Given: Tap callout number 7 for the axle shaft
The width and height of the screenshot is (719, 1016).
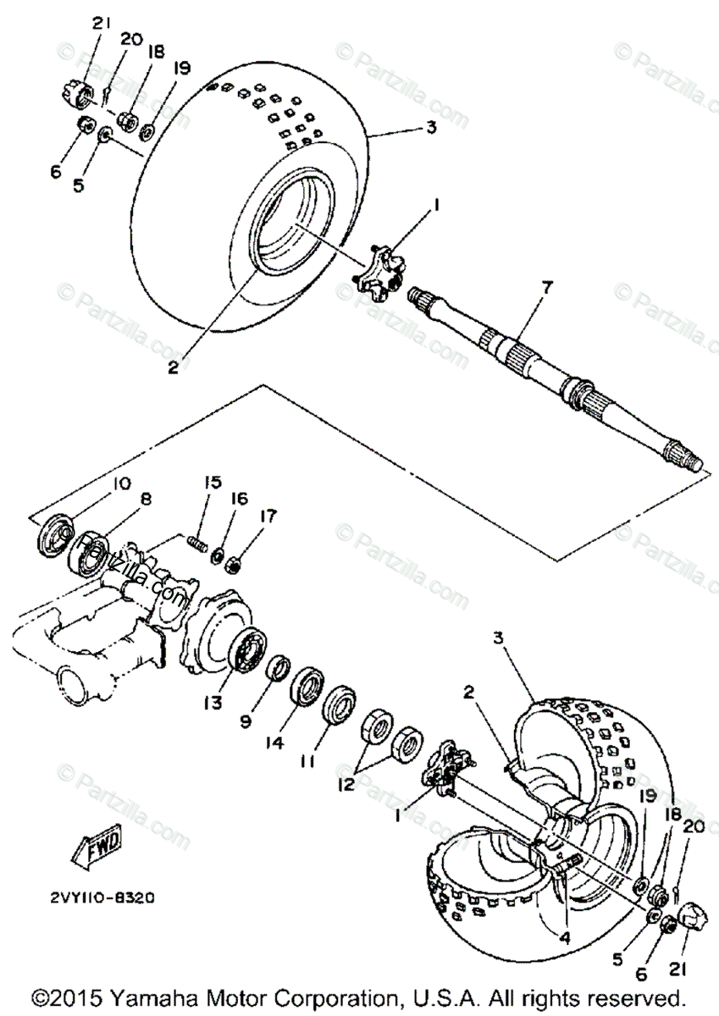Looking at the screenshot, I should point(547,288).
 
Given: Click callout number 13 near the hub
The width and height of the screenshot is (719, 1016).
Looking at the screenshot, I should point(210,703).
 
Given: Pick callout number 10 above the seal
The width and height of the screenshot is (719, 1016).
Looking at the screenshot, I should point(120,484).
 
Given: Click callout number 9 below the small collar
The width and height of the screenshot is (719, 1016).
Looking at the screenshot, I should point(245,722).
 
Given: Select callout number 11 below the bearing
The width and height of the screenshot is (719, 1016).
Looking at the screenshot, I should point(307,761).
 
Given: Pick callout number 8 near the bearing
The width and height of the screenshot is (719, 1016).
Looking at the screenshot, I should point(146,500).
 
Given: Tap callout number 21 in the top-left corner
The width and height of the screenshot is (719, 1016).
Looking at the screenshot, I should point(102,24).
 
